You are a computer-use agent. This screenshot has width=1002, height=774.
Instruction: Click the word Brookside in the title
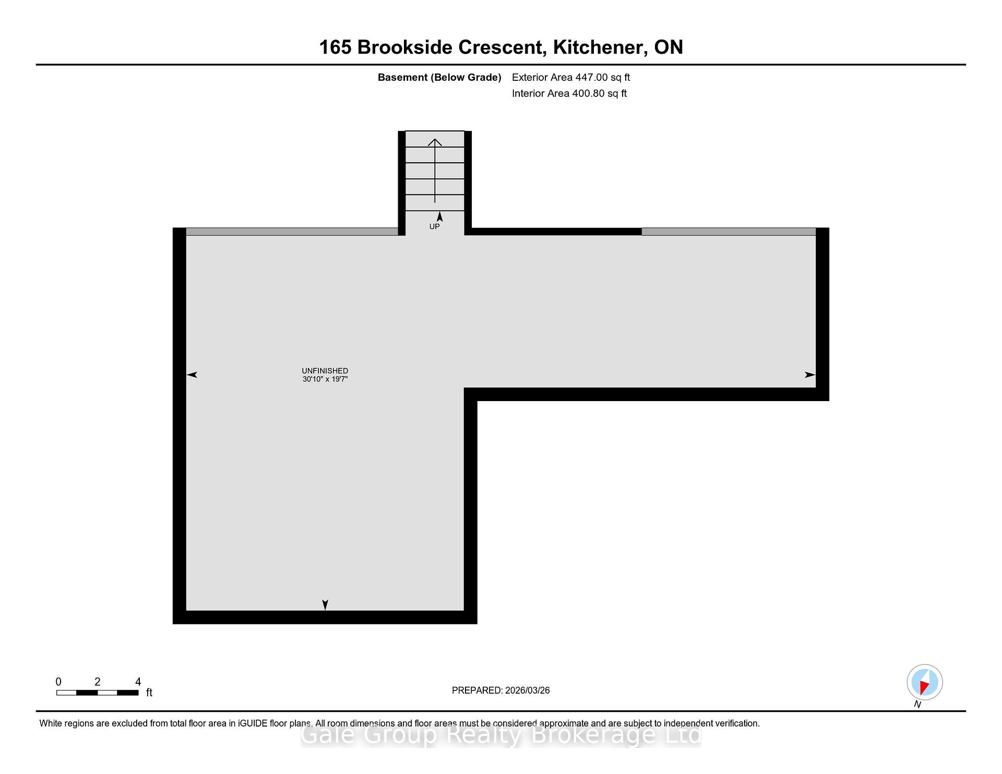(x=405, y=47)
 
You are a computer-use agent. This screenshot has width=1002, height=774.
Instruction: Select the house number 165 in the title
(x=335, y=47)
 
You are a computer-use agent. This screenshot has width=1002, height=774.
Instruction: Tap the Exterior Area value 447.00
(x=591, y=77)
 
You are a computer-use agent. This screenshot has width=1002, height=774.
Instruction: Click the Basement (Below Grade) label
(x=439, y=78)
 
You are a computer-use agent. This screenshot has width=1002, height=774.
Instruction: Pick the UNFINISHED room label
(x=325, y=371)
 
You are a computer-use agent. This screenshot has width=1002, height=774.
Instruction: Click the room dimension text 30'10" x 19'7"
(x=325, y=379)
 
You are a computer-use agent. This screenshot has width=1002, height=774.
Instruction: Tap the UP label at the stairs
(x=434, y=226)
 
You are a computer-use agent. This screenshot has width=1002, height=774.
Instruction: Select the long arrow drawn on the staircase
(x=435, y=171)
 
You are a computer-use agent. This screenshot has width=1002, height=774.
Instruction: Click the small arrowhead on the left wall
(x=192, y=374)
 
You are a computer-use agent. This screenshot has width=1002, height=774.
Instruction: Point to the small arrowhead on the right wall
(x=810, y=374)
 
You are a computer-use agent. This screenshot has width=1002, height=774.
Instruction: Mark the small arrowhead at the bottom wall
(x=325, y=605)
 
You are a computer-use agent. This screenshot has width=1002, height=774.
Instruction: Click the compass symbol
(x=924, y=682)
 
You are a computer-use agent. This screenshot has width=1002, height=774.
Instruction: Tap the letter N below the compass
(x=917, y=705)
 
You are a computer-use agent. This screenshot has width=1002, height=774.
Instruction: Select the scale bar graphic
(x=98, y=693)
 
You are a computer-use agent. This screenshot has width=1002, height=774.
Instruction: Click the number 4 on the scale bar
(x=138, y=682)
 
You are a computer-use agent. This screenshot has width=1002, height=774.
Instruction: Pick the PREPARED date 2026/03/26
(x=527, y=691)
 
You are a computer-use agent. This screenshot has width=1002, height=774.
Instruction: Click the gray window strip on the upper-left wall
(x=292, y=232)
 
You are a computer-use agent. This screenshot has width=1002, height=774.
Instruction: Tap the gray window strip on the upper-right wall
(x=729, y=232)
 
